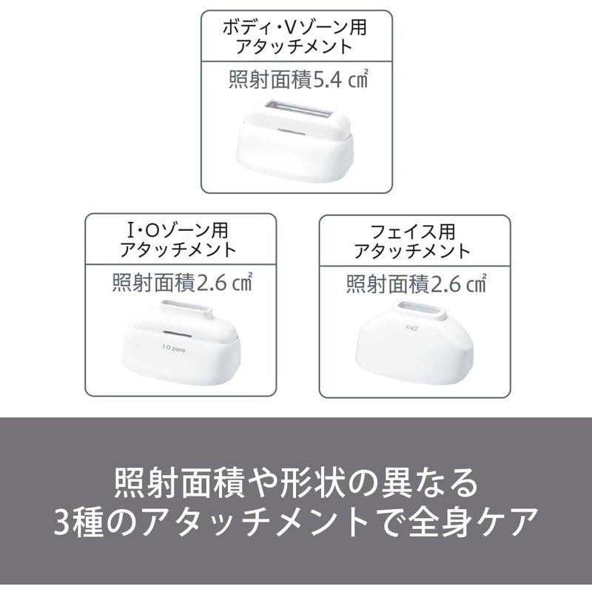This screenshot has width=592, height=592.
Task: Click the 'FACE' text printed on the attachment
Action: pyautogui.click(x=412, y=325)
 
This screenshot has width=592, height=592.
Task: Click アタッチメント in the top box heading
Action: pyautogui.click(x=295, y=48)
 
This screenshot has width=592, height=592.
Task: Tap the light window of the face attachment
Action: pyautogui.click(x=421, y=310)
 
